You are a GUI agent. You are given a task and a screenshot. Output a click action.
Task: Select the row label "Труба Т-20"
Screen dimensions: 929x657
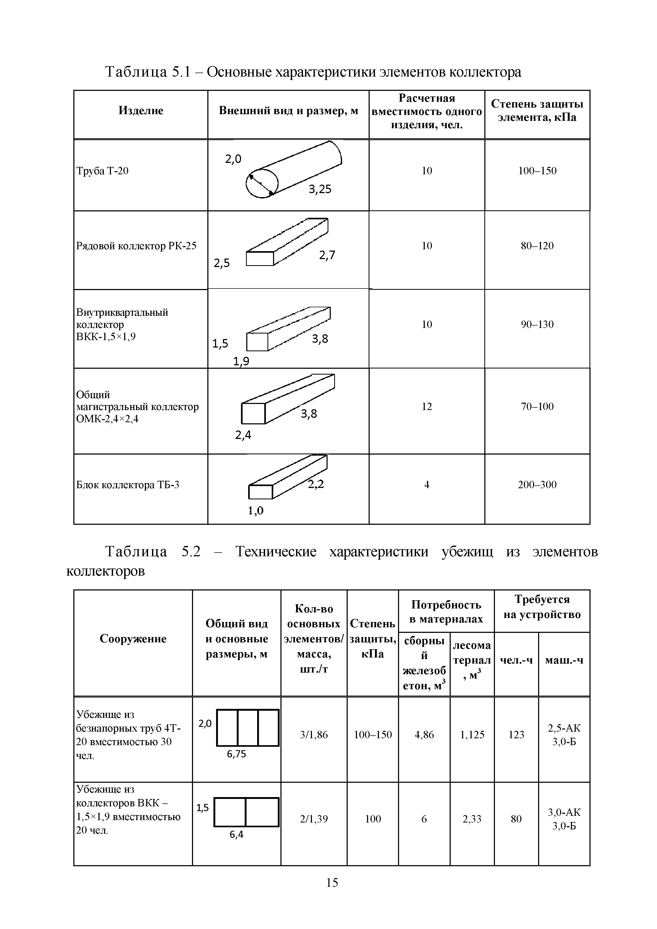102,171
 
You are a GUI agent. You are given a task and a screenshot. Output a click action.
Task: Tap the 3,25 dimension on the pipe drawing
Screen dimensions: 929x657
320,189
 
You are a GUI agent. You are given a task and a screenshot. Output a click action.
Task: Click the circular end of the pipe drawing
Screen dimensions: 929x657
262,183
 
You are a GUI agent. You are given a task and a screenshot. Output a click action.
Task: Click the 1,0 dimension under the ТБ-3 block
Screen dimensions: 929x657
256,511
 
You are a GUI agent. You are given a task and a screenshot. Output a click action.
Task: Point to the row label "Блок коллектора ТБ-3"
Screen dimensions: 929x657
127,484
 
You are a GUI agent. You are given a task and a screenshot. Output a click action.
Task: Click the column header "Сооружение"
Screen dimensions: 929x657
133,638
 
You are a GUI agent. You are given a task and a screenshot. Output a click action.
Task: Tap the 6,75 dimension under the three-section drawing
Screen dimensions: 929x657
237,754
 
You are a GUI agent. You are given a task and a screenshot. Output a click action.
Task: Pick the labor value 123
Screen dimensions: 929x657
516,734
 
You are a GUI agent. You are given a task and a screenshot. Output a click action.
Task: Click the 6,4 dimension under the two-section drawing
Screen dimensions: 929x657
237,835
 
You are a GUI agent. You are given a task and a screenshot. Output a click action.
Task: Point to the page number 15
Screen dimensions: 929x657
332,882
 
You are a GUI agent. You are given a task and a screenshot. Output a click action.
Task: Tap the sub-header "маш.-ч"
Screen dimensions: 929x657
564,660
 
